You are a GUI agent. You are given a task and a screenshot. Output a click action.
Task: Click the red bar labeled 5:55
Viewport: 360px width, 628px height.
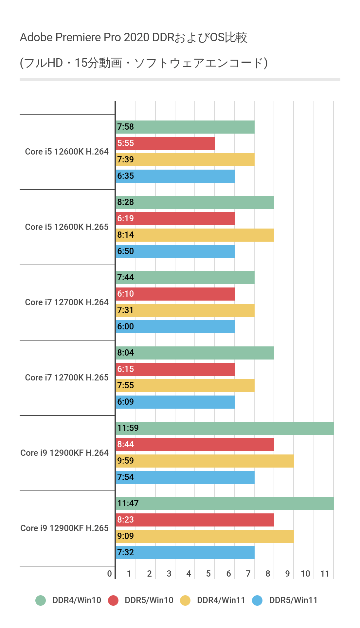pyautogui.click(x=165, y=143)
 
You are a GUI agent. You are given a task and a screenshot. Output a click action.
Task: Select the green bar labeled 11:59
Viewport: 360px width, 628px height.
pyautogui.click(x=225, y=428)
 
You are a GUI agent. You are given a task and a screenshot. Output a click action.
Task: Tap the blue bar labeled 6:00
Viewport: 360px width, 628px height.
pyautogui.click(x=175, y=327)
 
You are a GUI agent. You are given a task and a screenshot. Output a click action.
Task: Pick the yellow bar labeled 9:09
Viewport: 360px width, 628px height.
pyautogui.click(x=205, y=536)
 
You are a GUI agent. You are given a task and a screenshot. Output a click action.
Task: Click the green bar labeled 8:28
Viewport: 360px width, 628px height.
pyautogui.click(x=195, y=202)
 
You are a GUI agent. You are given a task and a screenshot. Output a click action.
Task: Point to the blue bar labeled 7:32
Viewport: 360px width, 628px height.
pyautogui.click(x=185, y=553)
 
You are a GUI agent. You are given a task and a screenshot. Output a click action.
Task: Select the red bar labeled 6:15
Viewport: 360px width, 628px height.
pyautogui.click(x=175, y=369)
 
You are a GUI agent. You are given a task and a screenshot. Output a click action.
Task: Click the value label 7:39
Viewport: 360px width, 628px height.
pyautogui.click(x=126, y=159)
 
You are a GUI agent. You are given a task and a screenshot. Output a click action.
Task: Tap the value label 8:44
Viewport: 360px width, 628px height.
pyautogui.click(x=126, y=444)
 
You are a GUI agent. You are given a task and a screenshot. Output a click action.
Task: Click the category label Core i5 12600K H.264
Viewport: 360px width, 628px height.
pyautogui.click(x=67, y=152)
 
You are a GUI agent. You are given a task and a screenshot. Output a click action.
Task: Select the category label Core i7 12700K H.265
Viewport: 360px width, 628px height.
pyautogui.click(x=67, y=378)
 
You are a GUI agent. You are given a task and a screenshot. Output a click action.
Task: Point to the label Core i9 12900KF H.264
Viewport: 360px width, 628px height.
pyautogui.click(x=64, y=453)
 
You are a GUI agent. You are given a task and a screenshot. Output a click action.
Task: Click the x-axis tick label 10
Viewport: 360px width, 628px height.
pyautogui.click(x=305, y=574)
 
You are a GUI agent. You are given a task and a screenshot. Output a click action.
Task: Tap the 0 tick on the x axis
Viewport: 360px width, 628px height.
pyautogui.click(x=110, y=574)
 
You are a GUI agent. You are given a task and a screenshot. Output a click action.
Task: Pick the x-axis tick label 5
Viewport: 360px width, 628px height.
pyautogui.click(x=208, y=574)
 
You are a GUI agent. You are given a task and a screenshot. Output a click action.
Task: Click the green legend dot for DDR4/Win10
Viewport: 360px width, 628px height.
pyautogui.click(x=41, y=600)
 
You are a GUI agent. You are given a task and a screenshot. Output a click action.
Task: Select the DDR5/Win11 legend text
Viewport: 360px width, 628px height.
pyautogui.click(x=293, y=600)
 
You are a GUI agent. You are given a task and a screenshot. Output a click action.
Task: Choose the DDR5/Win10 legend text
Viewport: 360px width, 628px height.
pyautogui.click(x=149, y=600)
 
